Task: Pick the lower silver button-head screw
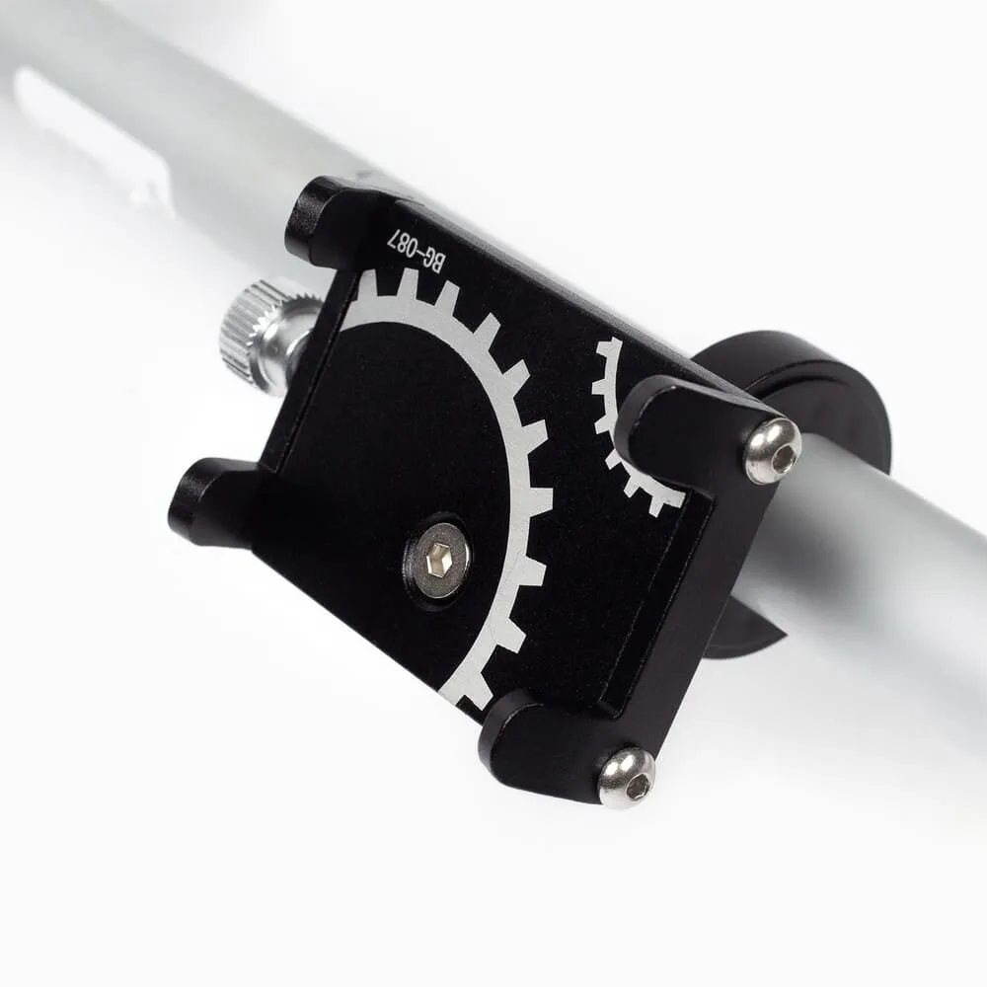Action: [627, 777]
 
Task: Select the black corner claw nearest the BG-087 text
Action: [328, 220]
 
